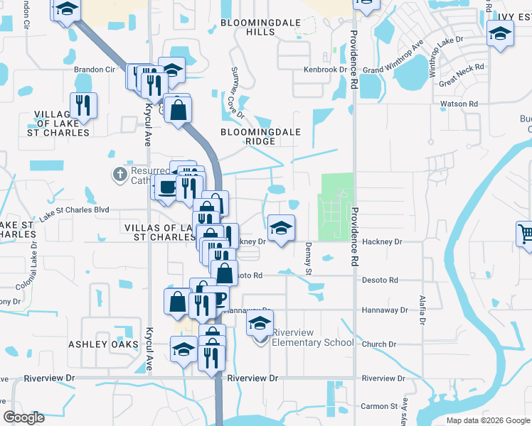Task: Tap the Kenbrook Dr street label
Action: coord(324,70)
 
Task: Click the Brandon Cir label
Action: coord(95,70)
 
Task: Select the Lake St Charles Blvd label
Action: coord(74,214)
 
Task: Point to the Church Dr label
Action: coord(378,344)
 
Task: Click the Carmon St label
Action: coord(379,407)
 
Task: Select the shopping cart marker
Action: coord(524,233)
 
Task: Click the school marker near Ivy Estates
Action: coord(500,33)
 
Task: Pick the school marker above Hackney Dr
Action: coord(282,229)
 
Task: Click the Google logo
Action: coord(24,417)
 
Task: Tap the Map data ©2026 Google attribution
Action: coord(488,420)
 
